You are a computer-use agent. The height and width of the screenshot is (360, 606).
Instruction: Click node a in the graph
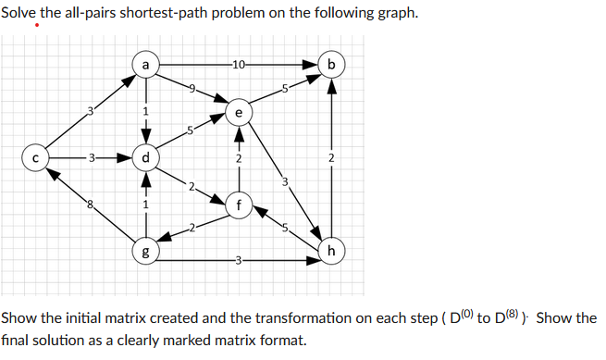point(145,65)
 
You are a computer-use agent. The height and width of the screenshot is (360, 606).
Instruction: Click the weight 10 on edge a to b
point(239,65)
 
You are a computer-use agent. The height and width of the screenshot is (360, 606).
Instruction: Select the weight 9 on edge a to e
point(192,88)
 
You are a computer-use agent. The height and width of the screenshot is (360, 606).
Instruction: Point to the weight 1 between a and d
point(145,112)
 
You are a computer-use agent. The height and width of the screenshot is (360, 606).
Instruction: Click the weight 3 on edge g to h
point(239,260)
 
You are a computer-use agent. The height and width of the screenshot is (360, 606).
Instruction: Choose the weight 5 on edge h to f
point(285,228)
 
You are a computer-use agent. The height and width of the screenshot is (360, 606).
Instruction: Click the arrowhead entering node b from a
point(312,65)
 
